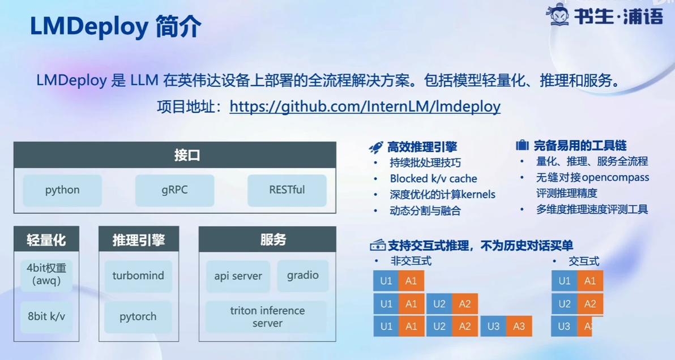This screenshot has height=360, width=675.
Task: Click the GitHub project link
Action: [x=365, y=106]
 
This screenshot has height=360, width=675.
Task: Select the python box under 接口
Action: [x=62, y=190]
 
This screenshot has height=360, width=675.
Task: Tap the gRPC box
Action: [x=175, y=190]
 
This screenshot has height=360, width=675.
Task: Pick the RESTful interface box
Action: [x=287, y=190]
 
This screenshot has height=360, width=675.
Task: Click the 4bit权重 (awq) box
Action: [x=46, y=275]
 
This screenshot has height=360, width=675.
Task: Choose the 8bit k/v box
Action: [x=46, y=316]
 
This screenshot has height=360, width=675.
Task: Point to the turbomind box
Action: [x=138, y=276]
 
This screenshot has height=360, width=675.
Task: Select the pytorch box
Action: [x=138, y=317]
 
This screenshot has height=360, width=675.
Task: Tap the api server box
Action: [x=238, y=276]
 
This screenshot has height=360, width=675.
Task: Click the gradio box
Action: [x=303, y=276]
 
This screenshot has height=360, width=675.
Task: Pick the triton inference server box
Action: [x=267, y=317]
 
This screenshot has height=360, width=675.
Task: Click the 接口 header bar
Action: [x=175, y=155]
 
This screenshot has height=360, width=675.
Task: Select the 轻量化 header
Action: [x=46, y=239]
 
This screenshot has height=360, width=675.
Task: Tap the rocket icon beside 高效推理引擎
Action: [x=376, y=148]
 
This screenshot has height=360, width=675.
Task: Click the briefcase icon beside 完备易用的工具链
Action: [x=522, y=145]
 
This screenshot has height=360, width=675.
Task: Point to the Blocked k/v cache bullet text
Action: [x=434, y=178]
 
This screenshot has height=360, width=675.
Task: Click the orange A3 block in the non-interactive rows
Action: [x=519, y=327]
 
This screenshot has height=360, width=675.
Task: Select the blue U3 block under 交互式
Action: [x=564, y=327]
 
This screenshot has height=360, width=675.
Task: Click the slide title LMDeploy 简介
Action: [x=116, y=26]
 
